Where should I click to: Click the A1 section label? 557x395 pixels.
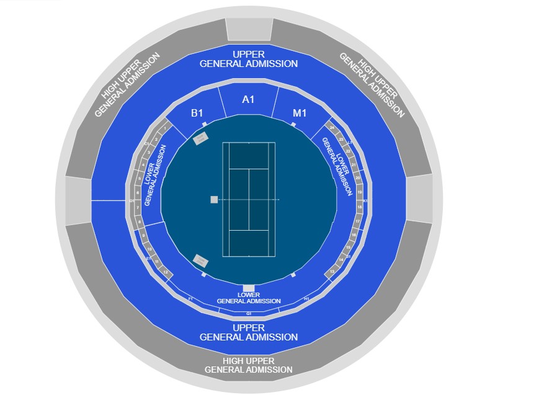click(248, 99)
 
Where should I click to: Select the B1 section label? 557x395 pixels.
click(197, 113)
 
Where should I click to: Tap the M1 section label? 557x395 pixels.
click(300, 113)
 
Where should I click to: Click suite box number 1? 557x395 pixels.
click(164, 128)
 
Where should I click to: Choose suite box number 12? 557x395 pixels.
click(165, 272)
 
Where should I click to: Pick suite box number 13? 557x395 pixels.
click(332, 272)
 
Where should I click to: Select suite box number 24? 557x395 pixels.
click(332, 128)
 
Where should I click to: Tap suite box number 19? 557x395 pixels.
click(359, 193)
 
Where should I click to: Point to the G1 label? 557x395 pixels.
click(249, 313)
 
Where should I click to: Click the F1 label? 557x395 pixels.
click(190, 299)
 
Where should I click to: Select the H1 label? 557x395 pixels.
click(306, 299)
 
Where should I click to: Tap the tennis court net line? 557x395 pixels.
click(248, 199)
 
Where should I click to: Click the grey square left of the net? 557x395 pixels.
click(214, 199)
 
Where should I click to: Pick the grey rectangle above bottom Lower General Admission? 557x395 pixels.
click(249, 287)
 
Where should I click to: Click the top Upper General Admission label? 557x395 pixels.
click(248, 59)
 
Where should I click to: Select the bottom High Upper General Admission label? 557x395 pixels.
click(248, 365)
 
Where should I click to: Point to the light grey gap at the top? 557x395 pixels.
click(248, 28)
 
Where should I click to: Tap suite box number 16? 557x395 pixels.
click(354, 235)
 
